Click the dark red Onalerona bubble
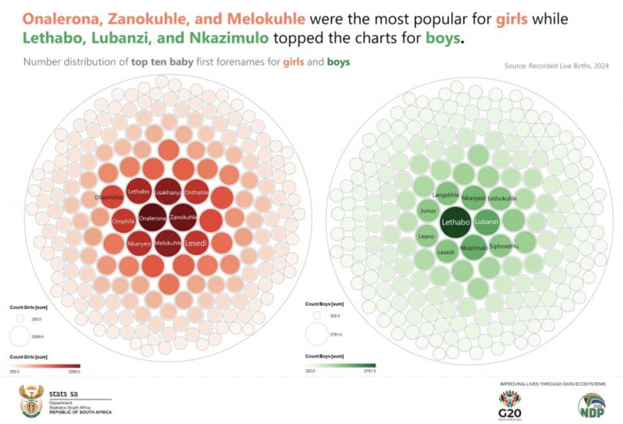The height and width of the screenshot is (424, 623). pyautogui.click(x=152, y=218)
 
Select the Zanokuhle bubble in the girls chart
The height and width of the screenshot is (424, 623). pyautogui.click(x=183, y=217)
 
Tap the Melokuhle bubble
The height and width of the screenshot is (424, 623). pyautogui.click(x=168, y=243)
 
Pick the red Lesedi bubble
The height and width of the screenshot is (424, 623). pyautogui.click(x=196, y=243)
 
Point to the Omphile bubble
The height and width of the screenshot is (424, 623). pyautogui.click(x=124, y=221)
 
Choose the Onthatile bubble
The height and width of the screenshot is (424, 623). pyautogui.click(x=196, y=192)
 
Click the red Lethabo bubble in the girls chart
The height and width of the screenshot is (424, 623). pyautogui.click(x=139, y=191)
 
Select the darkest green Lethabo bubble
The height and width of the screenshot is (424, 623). pyautogui.click(x=456, y=222)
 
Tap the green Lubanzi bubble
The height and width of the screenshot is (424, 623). pyautogui.click(x=486, y=221)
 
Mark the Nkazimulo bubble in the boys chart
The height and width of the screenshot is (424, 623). pyautogui.click(x=474, y=247)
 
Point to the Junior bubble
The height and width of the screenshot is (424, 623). pyautogui.click(x=428, y=211)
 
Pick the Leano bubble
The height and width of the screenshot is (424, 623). pyautogui.click(x=427, y=236)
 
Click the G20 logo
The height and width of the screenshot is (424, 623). pyautogui.click(x=510, y=405)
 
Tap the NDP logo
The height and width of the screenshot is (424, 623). pyautogui.click(x=592, y=405)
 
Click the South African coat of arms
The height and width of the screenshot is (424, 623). pyautogui.click(x=31, y=401)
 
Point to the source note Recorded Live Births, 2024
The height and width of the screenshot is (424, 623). pyautogui.click(x=556, y=66)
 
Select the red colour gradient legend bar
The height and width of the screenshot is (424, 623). pyautogui.click(x=45, y=366)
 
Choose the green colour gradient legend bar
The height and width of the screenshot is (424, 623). pyautogui.click(x=340, y=365)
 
